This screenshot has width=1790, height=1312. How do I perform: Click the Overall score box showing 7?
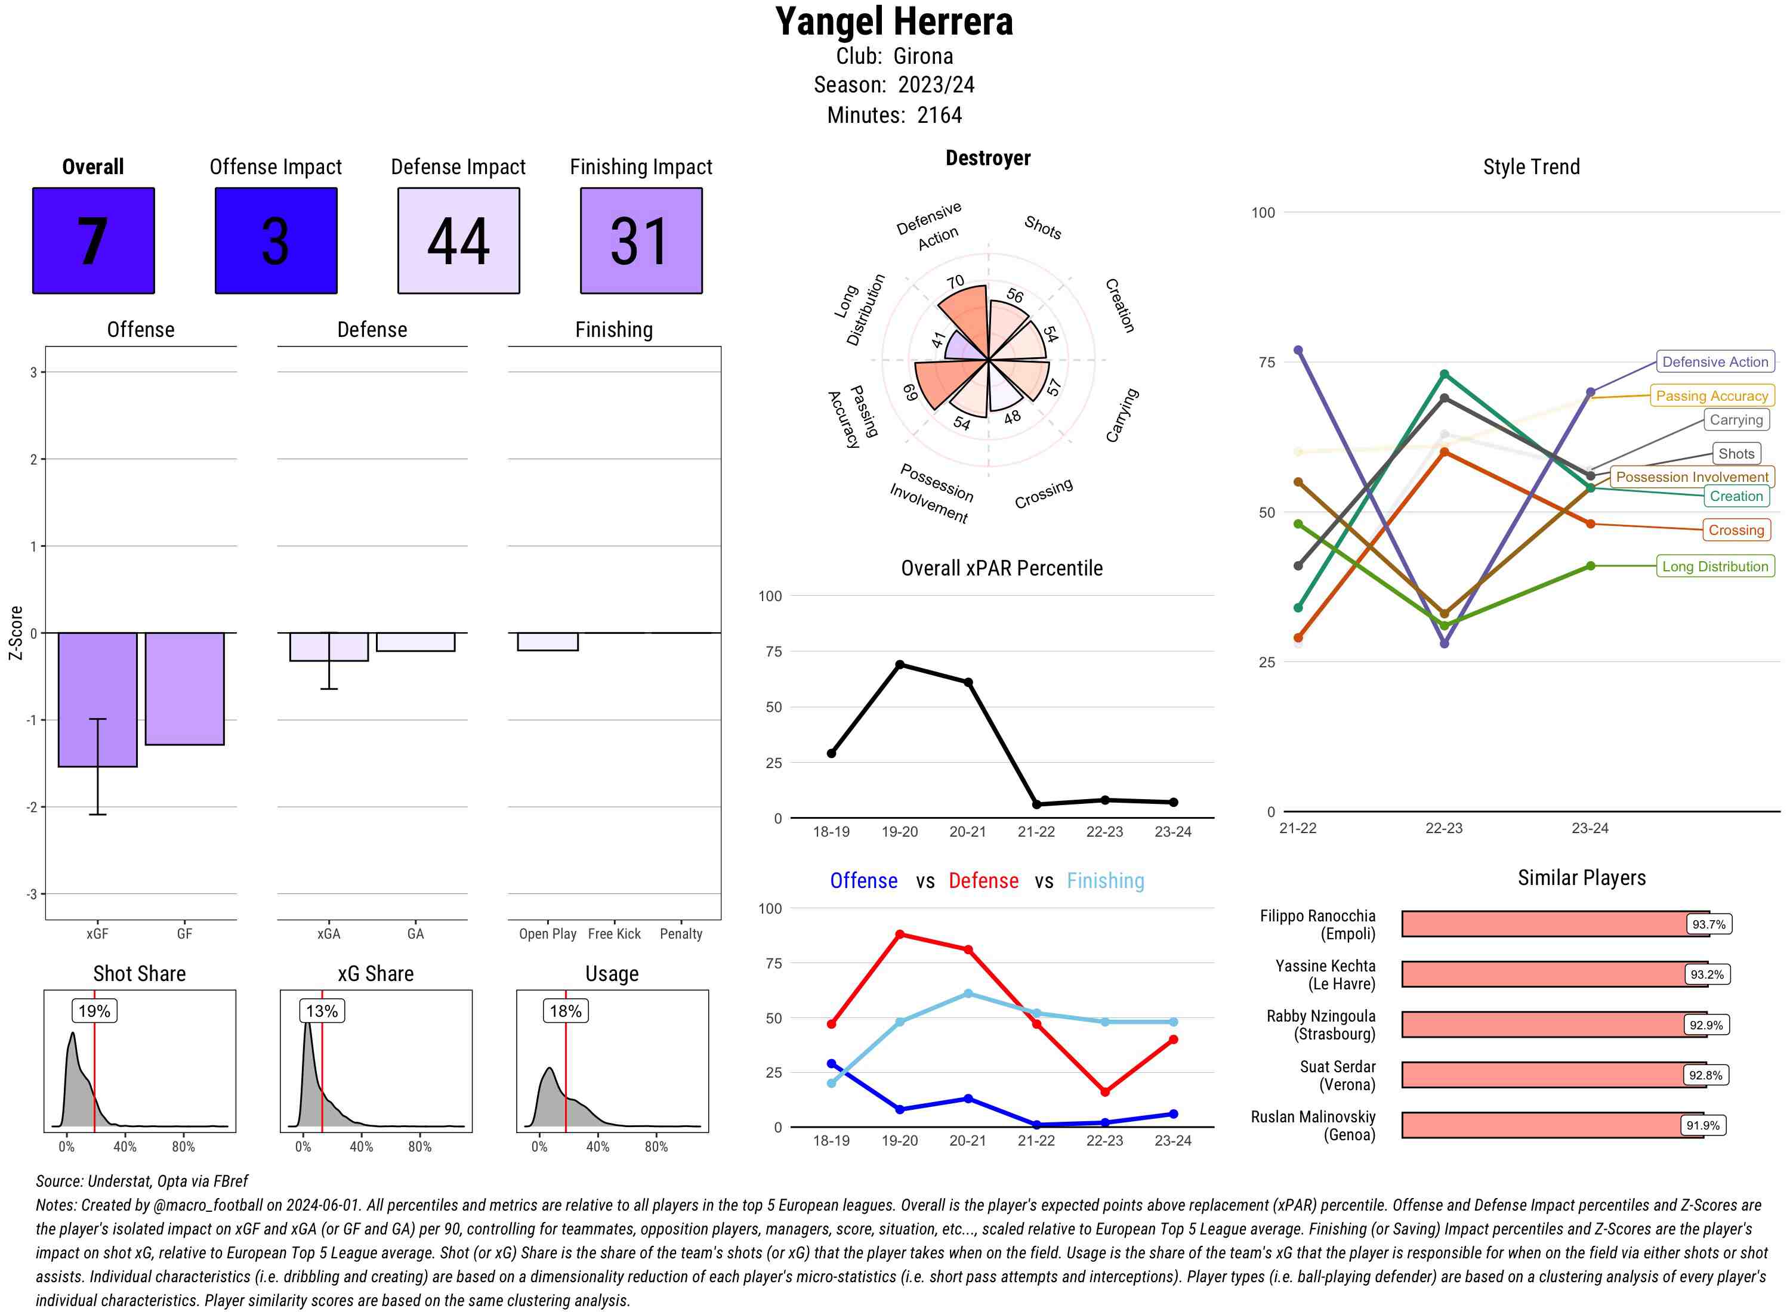93,241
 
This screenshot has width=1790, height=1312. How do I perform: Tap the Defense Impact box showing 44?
458,241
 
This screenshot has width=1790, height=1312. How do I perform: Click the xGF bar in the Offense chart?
97,699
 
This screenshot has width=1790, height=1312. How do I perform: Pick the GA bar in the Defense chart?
415,642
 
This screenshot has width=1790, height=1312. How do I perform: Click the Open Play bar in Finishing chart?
547,642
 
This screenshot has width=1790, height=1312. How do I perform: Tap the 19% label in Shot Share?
94,1011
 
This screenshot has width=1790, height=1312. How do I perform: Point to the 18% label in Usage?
566,1011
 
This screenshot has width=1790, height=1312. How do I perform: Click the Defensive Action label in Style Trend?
1715,362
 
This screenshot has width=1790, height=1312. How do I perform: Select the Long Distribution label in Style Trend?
1715,567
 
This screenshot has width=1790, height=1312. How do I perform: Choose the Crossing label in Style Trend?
1735,530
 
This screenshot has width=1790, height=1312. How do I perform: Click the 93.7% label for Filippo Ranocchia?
1708,924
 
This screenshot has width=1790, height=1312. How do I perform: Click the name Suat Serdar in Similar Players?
1337,1066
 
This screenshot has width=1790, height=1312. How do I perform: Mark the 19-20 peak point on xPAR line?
899,664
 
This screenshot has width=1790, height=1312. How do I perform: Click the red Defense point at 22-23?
1104,1092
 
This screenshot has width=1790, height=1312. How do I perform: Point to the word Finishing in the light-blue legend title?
1105,881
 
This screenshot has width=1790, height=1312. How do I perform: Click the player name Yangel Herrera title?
894,22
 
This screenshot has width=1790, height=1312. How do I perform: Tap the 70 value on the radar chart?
955,282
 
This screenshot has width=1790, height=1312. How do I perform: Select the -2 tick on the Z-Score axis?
33,807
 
